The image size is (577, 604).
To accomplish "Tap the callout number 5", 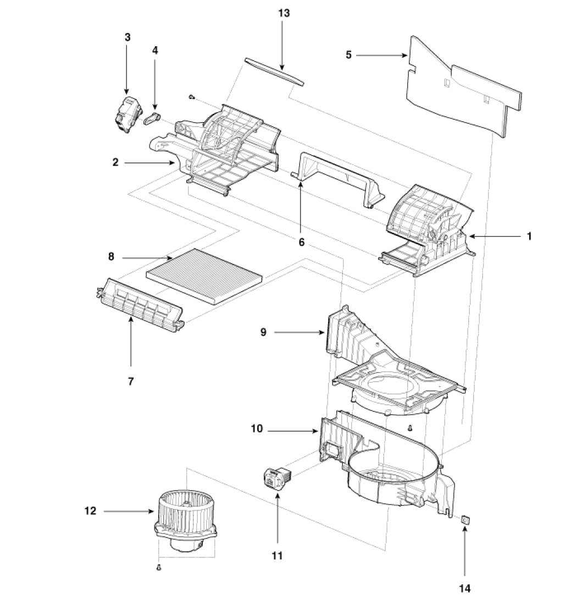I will click(348, 55).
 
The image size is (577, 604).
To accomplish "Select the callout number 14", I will click(465, 589).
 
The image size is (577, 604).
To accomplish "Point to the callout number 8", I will click(111, 257).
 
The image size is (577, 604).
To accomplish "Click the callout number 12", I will click(91, 511).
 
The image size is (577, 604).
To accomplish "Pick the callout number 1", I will click(529, 236).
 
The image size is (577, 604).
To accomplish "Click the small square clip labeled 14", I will click(465, 519).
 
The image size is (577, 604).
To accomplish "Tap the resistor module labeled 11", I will click(276, 474).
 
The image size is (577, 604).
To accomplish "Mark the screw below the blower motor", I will click(158, 567).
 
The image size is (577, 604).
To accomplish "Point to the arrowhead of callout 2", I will click(174, 163).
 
